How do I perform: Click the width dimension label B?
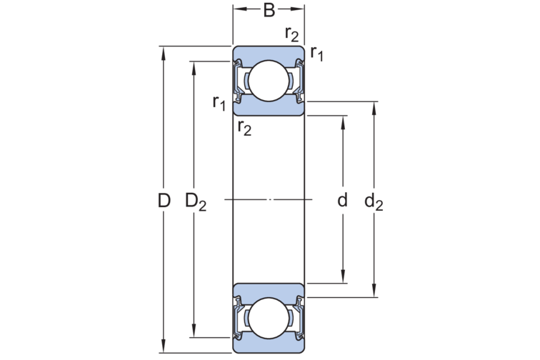[269, 10]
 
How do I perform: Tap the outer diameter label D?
[164, 201]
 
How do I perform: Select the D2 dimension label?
[196, 202]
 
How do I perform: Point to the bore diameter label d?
[343, 201]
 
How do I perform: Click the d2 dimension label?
[374, 202]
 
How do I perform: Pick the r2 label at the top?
[291, 33]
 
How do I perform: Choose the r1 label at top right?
[316, 53]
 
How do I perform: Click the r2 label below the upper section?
[244, 128]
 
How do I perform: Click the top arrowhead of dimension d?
[343, 119]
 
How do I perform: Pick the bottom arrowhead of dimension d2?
[374, 291]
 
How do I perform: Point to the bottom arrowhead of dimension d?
[343, 279]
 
